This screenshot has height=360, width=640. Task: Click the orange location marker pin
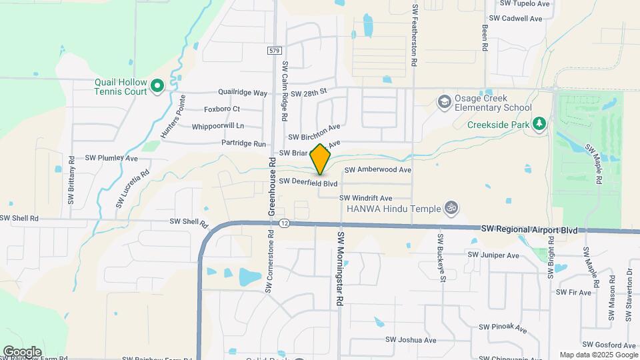(x=321, y=159)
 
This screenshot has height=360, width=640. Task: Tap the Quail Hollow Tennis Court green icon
(x=157, y=85)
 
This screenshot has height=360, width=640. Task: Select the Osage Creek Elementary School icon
(x=443, y=102)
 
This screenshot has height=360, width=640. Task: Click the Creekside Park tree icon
(x=540, y=123)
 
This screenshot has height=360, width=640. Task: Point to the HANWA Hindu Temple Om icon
(x=451, y=208)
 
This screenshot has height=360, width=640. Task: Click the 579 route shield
(x=275, y=51)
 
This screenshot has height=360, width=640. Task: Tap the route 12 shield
(x=285, y=223)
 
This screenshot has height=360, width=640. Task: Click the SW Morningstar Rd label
(x=340, y=269)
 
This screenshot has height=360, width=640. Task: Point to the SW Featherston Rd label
(x=414, y=35)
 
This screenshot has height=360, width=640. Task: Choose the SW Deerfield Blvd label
(x=309, y=182)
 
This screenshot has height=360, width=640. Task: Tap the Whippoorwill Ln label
(x=218, y=126)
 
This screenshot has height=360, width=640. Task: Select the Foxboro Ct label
(x=222, y=109)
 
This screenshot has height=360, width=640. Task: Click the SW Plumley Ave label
(x=111, y=159)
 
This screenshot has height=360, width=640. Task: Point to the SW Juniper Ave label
(x=493, y=255)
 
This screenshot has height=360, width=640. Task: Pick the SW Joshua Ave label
(x=411, y=340)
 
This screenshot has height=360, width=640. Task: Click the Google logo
(x=22, y=351)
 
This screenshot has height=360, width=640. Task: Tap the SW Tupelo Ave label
(x=519, y=3)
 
